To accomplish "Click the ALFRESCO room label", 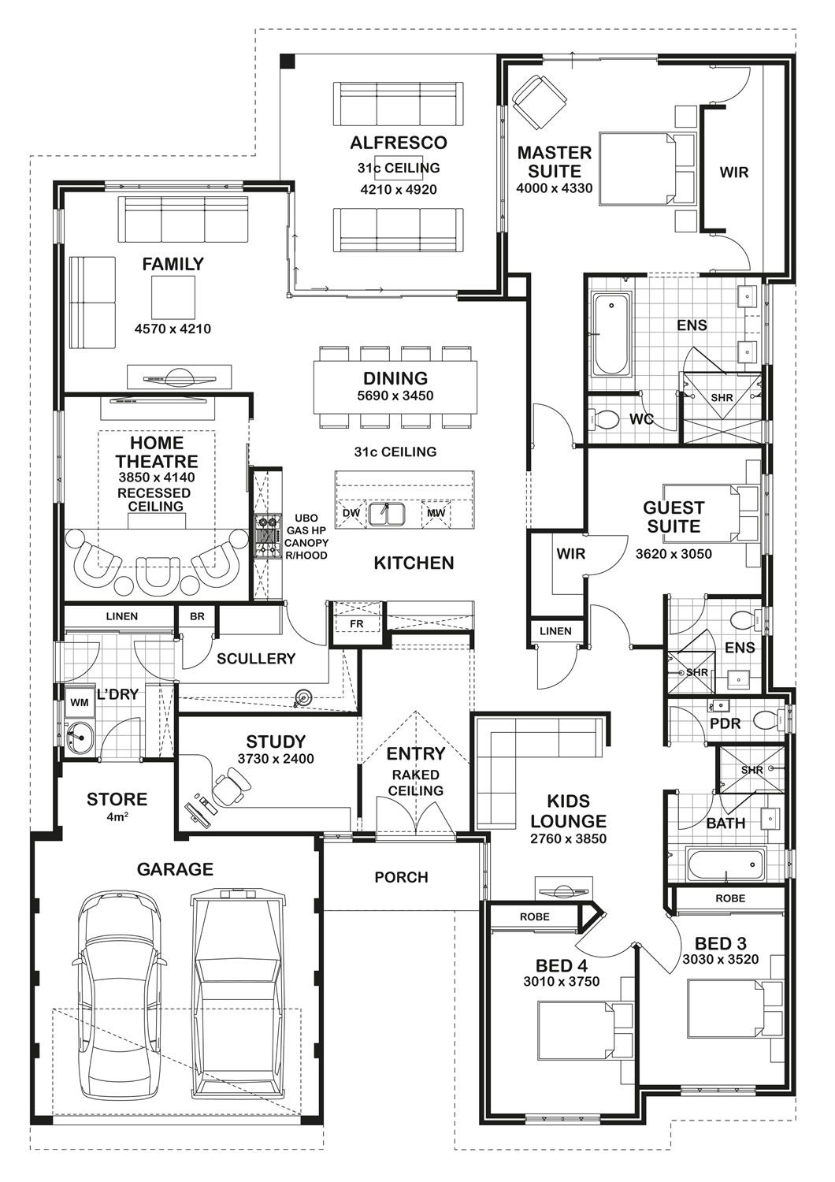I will pos(398,143).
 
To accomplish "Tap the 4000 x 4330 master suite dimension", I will pos(554,188).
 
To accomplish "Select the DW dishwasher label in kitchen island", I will pos(351,514).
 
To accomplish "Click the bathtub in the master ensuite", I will pos(611,335).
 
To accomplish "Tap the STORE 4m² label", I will pos(117,805).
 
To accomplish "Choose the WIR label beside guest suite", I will pos(570,554).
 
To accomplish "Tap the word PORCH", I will pos(401,877).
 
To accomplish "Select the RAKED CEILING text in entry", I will pos(415,783).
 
